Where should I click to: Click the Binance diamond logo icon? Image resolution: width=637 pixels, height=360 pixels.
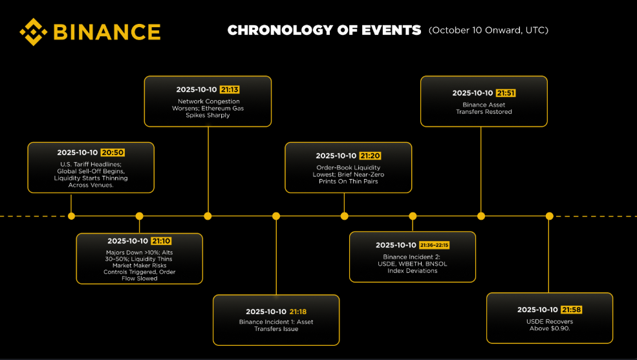pyautogui.click(x=34, y=32)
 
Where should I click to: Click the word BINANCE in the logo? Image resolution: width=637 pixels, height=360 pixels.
pyautogui.click(x=107, y=32)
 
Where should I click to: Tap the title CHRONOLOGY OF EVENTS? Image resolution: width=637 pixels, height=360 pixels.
pyautogui.click(x=324, y=30)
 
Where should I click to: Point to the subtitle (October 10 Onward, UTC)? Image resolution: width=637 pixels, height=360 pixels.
pyautogui.click(x=488, y=30)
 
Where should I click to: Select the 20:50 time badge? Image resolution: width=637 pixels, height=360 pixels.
pyautogui.click(x=113, y=153)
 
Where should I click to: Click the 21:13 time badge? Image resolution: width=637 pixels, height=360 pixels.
pyautogui.click(x=230, y=90)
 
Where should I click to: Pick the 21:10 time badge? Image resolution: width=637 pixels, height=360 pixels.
pyautogui.click(x=161, y=241)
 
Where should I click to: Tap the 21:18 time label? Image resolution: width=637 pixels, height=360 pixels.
pyautogui.click(x=297, y=312)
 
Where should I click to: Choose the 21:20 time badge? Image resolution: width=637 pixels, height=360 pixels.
pyautogui.click(x=370, y=156)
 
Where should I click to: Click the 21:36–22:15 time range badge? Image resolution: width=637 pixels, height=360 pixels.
pyautogui.click(x=435, y=245)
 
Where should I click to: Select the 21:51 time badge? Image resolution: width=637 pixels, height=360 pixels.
pyautogui.click(x=506, y=93)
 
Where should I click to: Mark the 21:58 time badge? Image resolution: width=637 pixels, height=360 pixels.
pyautogui.click(x=571, y=310)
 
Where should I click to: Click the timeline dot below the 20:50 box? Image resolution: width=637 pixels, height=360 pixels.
pyautogui.click(x=72, y=216)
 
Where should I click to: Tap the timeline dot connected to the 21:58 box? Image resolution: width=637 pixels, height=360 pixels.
pyautogui.click(x=549, y=216)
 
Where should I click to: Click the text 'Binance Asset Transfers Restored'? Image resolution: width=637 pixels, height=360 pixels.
pyautogui.click(x=484, y=109)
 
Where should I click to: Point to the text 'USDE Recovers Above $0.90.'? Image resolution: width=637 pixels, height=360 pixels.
pyautogui.click(x=550, y=325)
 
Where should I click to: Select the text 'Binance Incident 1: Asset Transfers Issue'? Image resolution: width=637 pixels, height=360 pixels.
pyautogui.click(x=276, y=326)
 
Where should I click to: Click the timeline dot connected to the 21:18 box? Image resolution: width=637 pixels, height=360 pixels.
pyautogui.click(x=276, y=216)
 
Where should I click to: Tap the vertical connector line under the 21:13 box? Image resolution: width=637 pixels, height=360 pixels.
pyautogui.click(x=208, y=169)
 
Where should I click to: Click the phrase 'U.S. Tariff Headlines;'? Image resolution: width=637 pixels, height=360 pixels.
pyautogui.click(x=91, y=164)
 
